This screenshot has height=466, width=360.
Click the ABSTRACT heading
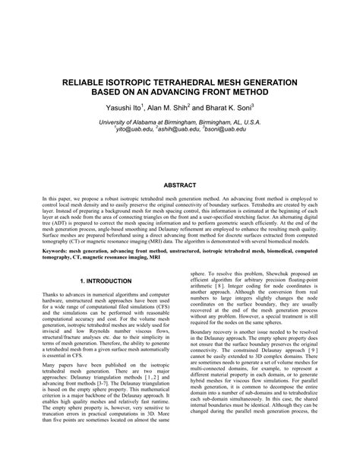click(x=180, y=184)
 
